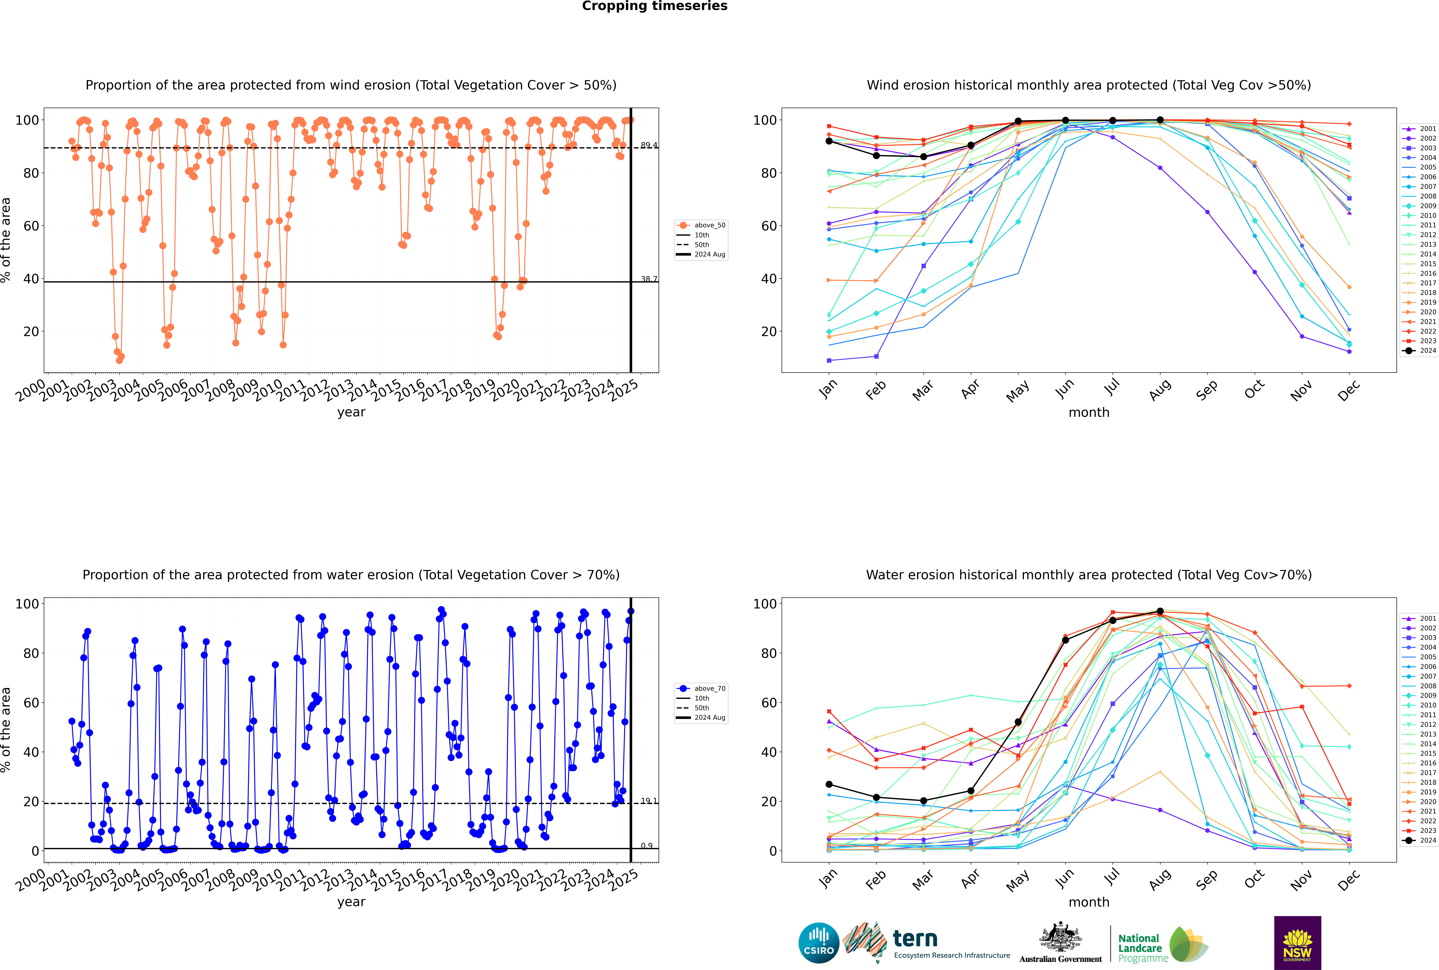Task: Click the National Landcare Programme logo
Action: [1162, 945]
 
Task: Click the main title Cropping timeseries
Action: [654, 6]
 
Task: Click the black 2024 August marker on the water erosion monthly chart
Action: [1160, 611]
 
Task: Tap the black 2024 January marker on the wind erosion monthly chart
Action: [829, 141]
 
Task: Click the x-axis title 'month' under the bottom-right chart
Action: [1089, 902]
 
